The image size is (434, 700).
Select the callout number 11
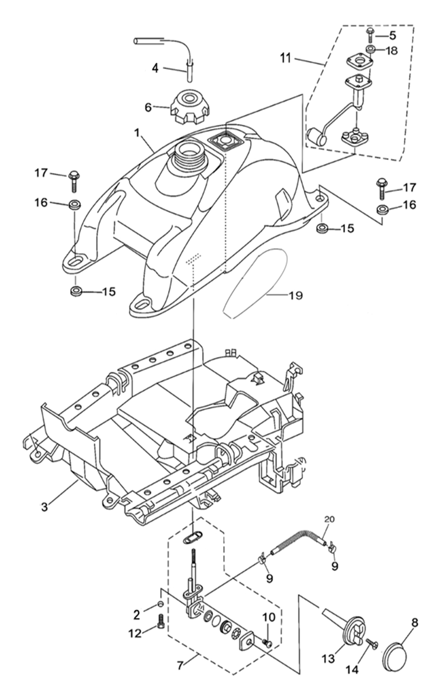pos(285,58)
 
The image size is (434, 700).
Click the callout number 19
pos(296,295)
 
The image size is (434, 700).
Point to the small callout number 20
pos(329,519)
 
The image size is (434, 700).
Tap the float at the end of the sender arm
pos(316,136)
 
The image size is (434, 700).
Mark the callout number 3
pos(44,506)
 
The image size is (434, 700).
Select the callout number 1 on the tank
pos(137,133)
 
